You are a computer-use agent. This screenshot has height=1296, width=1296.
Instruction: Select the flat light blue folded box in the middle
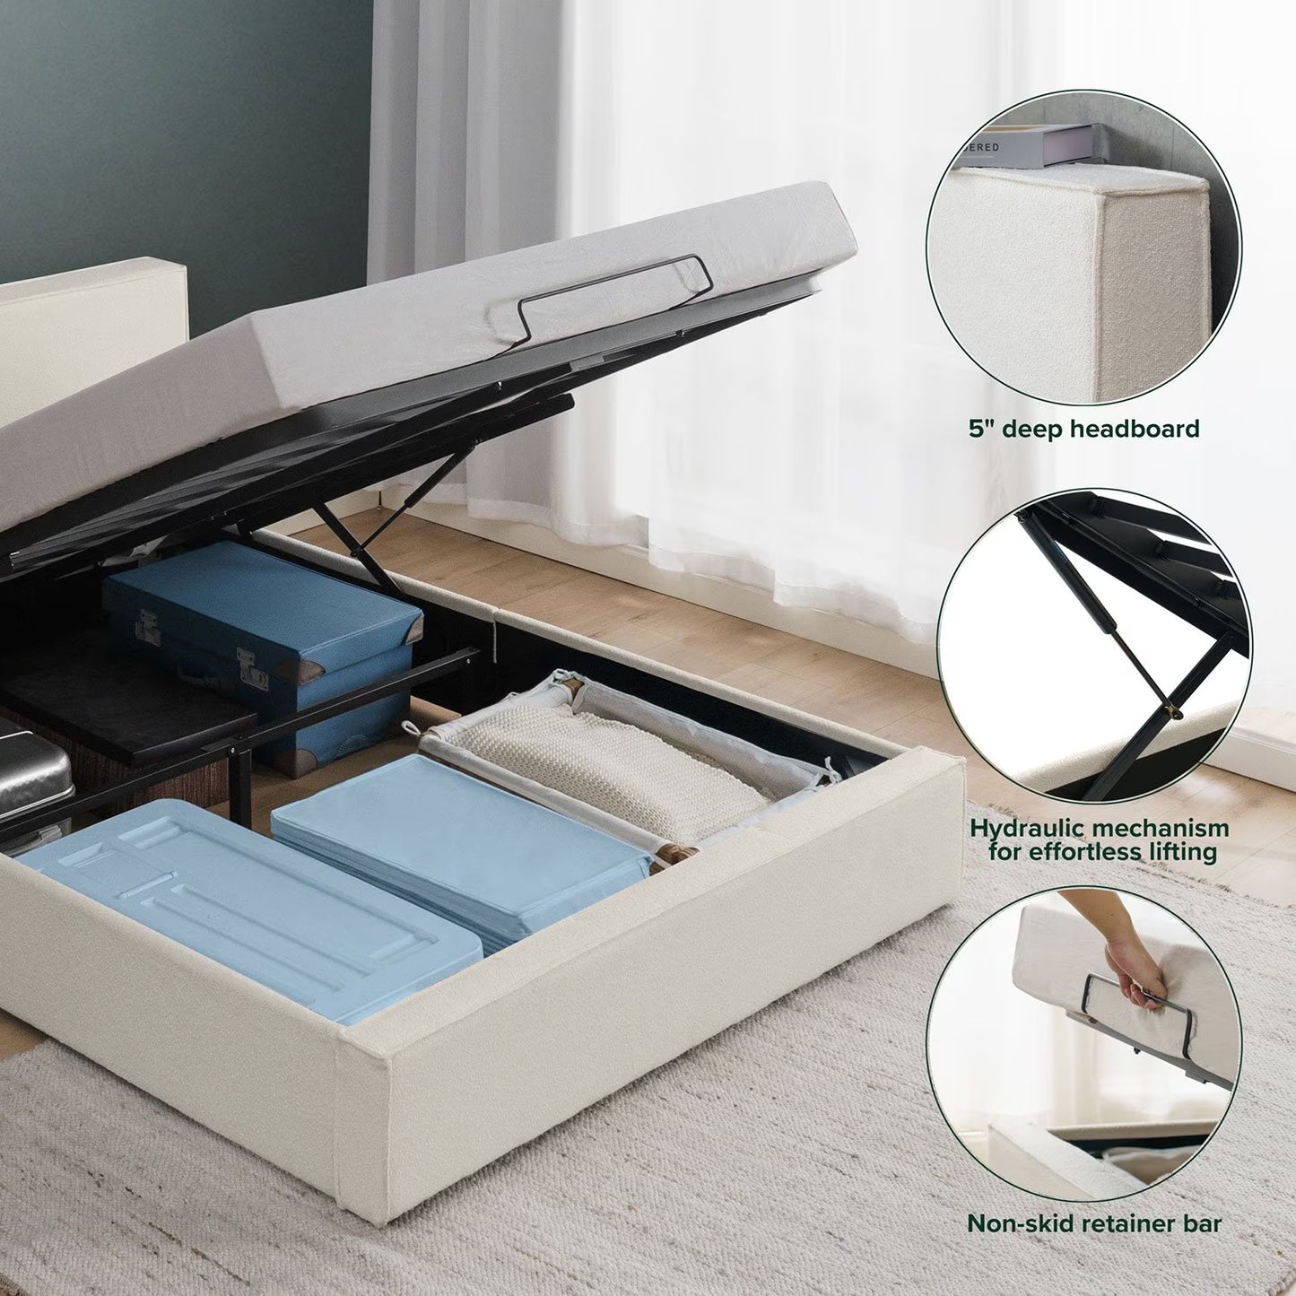pos(457,843)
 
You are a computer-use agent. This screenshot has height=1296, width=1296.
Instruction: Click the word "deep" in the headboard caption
pos(1034,430)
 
